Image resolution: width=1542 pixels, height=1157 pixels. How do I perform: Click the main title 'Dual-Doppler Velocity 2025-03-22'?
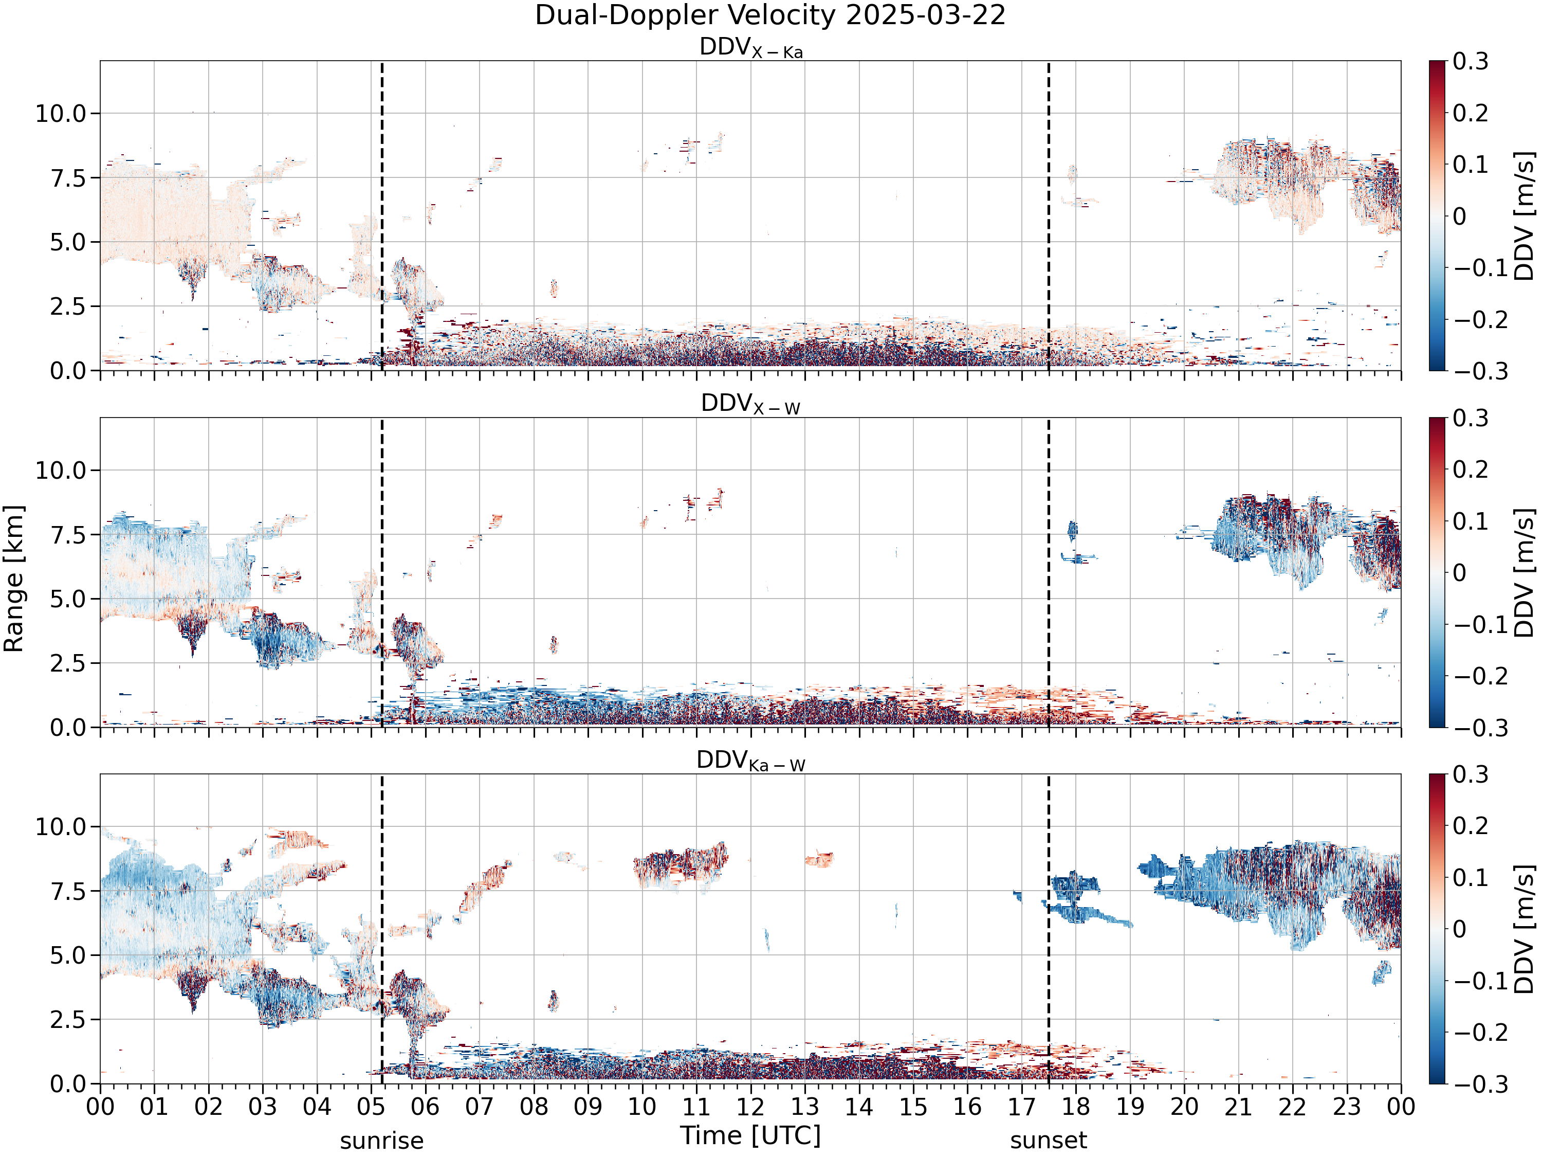tap(770, 15)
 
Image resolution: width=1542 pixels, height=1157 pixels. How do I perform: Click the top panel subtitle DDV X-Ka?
tap(751, 48)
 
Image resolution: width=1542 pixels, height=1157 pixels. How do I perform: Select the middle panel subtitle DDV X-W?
tap(751, 405)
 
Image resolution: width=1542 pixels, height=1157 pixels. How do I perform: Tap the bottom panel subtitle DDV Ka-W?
tap(751, 761)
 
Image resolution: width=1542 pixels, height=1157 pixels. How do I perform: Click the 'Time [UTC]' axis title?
tap(751, 1135)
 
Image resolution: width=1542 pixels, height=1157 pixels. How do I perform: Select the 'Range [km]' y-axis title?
tap(13, 579)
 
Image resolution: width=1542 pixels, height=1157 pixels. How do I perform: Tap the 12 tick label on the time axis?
tap(751, 1106)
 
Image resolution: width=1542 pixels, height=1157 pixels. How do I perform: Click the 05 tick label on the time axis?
tap(371, 1106)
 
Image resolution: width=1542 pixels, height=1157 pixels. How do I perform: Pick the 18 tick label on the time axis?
tap(1076, 1106)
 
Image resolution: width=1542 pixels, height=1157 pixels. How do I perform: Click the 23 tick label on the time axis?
tap(1347, 1106)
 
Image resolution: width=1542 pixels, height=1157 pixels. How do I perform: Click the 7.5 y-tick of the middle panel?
tap(68, 534)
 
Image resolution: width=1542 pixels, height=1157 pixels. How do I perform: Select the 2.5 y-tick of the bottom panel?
tap(68, 1020)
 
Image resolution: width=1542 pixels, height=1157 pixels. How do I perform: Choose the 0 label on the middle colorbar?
tap(1459, 572)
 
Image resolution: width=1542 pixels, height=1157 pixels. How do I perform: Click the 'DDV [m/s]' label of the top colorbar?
tap(1525, 215)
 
